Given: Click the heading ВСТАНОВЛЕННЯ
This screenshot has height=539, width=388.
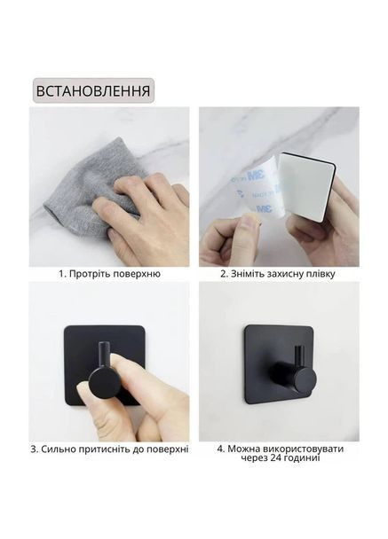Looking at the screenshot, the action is (x=93, y=90).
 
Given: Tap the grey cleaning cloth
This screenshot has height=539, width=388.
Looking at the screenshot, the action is (x=93, y=192).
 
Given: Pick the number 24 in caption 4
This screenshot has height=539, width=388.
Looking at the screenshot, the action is (x=276, y=458).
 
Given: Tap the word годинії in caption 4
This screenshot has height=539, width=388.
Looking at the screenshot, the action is (x=302, y=458).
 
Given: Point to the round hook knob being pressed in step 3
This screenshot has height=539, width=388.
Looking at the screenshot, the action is (x=105, y=382).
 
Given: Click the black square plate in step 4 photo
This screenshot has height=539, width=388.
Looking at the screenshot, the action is (x=278, y=365).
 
